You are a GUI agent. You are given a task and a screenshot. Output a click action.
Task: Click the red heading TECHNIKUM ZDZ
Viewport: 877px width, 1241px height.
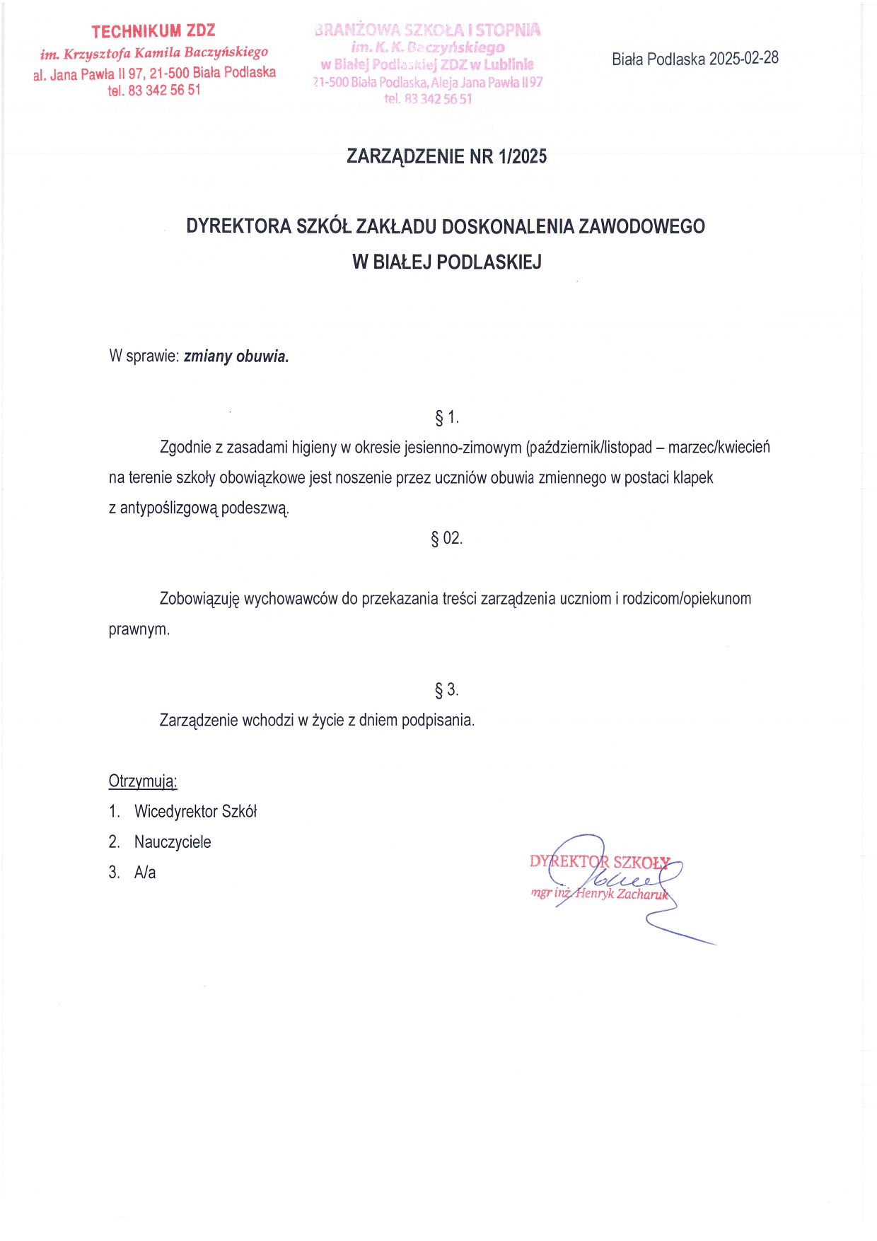[153, 31]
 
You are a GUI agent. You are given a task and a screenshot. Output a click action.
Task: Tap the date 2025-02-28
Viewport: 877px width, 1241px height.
[743, 58]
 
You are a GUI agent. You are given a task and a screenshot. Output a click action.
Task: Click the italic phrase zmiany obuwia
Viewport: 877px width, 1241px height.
[236, 356]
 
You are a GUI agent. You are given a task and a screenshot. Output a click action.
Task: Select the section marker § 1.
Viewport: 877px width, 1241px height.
[446, 417]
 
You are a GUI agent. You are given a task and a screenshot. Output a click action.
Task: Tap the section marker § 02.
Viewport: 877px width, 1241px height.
[446, 538]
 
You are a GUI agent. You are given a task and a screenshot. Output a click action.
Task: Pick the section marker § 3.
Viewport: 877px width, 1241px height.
[446, 689]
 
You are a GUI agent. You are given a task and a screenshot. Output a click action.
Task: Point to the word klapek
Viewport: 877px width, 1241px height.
[693, 477]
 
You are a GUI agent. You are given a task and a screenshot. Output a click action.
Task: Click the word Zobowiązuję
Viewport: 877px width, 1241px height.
[199, 598]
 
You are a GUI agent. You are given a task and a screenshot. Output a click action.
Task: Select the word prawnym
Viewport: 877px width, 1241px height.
[139, 629]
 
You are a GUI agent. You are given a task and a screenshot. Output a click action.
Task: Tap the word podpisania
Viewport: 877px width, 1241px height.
[438, 720]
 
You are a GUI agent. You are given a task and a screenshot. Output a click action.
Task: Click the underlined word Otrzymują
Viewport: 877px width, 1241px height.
[142, 781]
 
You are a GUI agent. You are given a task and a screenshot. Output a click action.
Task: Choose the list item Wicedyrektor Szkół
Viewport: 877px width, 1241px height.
[195, 811]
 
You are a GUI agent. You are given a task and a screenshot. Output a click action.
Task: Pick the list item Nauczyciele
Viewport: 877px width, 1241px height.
[173, 841]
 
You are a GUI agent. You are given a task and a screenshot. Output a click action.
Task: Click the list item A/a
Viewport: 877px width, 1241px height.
[145, 872]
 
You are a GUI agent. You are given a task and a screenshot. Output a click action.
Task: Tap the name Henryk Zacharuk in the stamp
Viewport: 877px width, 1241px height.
[622, 893]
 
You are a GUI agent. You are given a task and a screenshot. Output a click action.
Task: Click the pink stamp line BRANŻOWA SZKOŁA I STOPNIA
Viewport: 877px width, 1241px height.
[428, 30]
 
